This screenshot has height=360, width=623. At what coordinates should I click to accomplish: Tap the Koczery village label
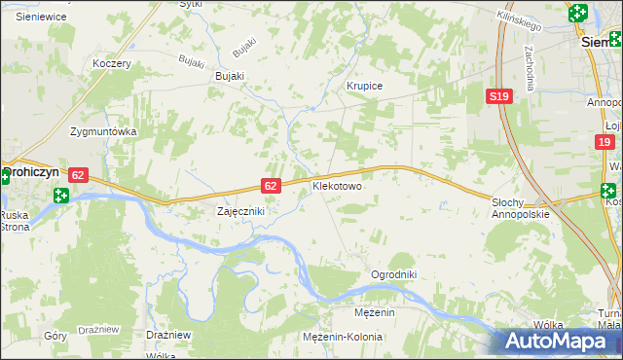coord(111,63)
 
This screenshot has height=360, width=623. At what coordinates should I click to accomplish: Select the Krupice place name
coord(365,86)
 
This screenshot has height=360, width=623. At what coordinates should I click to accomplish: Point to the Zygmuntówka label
coord(103,130)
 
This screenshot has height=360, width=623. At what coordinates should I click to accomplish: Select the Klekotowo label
coord(337,185)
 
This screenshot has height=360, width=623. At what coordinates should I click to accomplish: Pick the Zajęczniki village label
coord(240,210)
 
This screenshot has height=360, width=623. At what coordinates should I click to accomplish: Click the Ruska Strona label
coord(15,221)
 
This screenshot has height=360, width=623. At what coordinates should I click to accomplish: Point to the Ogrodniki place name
coord(393,274)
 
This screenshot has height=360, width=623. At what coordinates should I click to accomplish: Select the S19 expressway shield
coord(498,95)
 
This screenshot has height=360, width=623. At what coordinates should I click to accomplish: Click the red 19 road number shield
coord(605,142)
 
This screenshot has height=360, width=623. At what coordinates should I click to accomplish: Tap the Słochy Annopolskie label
coord(521,207)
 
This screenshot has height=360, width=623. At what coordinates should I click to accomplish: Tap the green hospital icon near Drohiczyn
coord(61,196)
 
